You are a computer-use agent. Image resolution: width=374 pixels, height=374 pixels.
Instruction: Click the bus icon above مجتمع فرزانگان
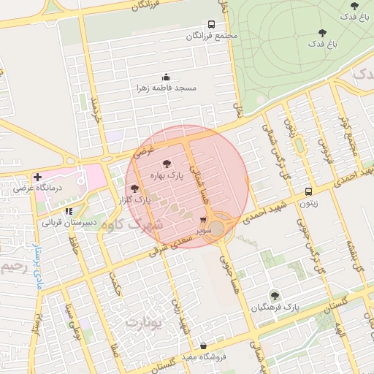point(211,24)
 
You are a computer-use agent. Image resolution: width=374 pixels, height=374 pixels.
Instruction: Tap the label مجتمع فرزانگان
point(212,36)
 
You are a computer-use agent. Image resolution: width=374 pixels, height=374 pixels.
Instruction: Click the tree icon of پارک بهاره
point(166,164)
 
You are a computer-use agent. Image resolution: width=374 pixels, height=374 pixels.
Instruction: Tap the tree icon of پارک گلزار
point(133,188)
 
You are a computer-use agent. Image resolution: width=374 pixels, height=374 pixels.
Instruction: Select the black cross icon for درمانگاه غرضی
point(37,177)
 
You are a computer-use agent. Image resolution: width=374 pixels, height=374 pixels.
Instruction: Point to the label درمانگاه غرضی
point(61,188)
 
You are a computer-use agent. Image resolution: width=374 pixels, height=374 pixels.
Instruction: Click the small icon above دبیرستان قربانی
point(68,211)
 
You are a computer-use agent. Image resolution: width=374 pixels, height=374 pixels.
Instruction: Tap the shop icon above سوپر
point(204,219)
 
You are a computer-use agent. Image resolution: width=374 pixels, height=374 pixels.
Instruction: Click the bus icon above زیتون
point(308,193)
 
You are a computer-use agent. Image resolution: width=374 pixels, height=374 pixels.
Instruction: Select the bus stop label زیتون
point(309,205)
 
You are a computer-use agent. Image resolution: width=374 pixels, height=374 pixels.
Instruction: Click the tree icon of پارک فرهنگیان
point(275,296)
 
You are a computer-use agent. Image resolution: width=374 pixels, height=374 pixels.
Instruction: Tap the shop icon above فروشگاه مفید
point(202,346)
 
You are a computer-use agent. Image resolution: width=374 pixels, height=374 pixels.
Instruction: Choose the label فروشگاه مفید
point(202,358)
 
